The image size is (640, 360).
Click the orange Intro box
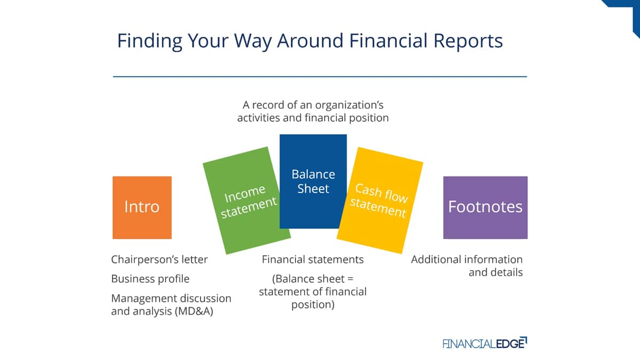point(142,207)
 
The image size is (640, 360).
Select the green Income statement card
point(247,201)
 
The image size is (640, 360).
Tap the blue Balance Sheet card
point(313,181)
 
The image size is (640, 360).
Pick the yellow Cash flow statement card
point(380,201)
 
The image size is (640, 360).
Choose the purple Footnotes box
point(485,207)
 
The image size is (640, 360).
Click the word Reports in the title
point(468,41)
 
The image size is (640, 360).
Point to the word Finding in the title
point(150,42)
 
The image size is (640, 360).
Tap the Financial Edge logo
point(485,343)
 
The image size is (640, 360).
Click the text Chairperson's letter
point(159,259)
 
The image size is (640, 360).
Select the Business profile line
point(150,278)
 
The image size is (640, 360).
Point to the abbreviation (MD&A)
point(194,311)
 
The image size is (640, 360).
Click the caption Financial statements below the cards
point(313,259)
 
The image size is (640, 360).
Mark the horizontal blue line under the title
point(320,77)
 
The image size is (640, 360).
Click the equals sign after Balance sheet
point(350,279)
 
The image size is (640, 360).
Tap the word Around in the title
point(310,41)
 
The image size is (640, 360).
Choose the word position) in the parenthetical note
point(313,305)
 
